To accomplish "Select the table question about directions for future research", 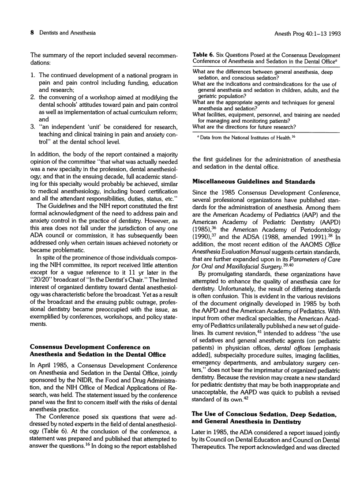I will [x=247, y=127].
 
